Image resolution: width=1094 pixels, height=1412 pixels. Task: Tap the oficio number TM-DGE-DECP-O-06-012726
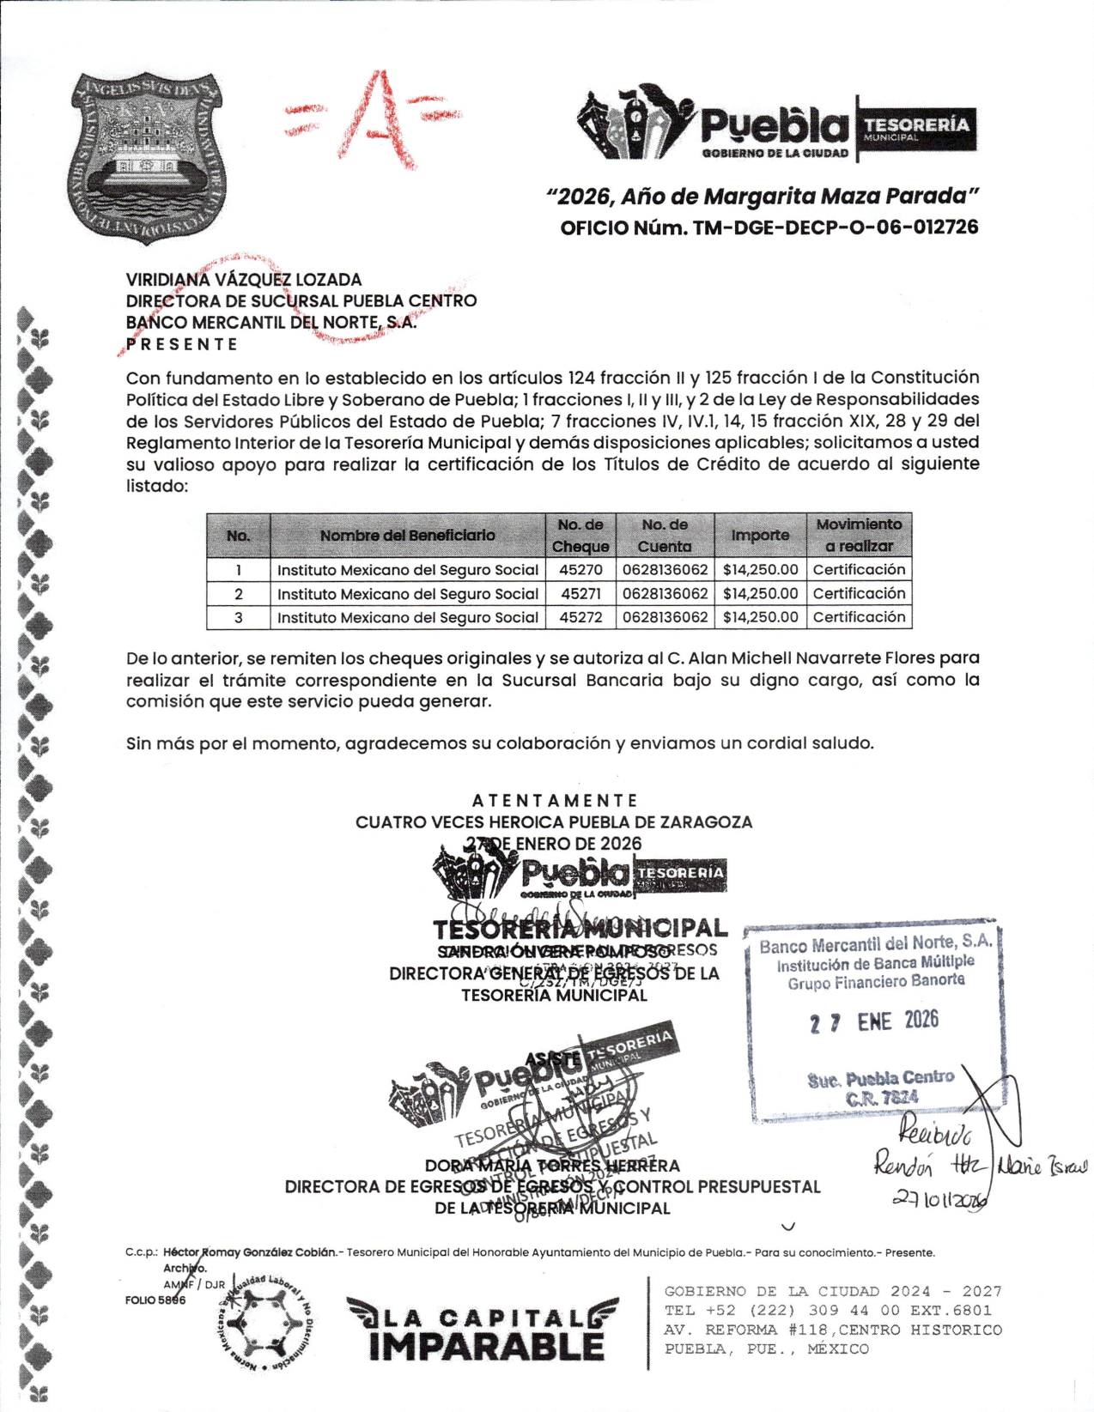[769, 227]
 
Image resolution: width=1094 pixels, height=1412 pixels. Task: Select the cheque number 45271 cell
[580, 593]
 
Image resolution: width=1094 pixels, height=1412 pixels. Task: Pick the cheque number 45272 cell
[580, 617]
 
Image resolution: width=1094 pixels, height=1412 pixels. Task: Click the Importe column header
[760, 535]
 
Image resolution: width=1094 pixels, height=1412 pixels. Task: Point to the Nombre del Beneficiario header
[407, 536]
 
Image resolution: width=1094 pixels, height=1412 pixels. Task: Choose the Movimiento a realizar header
[859, 535]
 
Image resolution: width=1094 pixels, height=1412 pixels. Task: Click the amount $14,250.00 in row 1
[760, 570]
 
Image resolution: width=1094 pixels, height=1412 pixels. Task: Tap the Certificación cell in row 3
[859, 617]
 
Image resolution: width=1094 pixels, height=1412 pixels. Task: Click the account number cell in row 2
[666, 593]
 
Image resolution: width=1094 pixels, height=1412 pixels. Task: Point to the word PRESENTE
[182, 344]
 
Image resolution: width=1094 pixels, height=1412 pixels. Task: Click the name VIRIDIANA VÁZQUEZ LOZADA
[244, 280]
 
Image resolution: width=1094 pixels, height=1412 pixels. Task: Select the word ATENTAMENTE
[555, 800]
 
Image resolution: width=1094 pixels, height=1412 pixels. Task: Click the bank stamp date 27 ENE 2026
[873, 1021]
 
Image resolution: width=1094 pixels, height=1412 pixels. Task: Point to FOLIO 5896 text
[155, 1300]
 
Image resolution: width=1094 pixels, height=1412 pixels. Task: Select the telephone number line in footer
[827, 1311]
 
